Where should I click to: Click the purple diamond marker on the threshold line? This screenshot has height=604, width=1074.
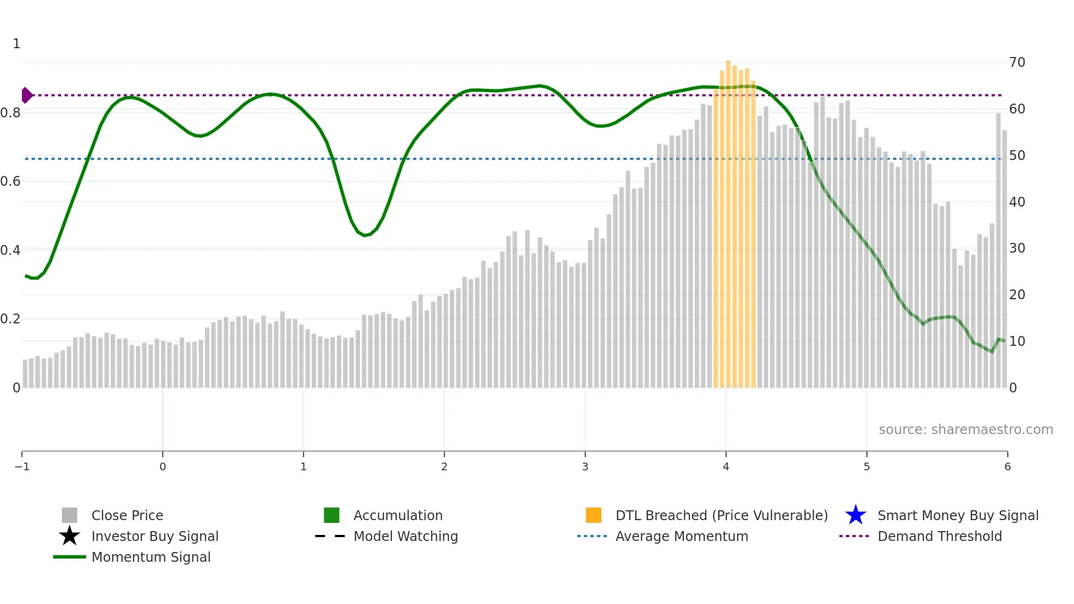26,95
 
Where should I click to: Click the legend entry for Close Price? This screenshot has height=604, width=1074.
127,515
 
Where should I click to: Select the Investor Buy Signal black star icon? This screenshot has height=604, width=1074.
70,536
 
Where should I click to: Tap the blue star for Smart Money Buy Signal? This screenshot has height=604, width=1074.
855,515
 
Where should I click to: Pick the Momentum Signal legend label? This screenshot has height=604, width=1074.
151,557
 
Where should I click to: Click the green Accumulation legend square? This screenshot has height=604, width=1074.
332,515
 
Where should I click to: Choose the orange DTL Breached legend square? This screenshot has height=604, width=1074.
593,515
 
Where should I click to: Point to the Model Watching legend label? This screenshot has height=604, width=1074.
405,536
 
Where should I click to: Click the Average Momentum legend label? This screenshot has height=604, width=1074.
682,536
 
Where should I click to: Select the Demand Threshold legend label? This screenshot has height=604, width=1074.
939,536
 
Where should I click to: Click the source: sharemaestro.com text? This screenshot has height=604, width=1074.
966,429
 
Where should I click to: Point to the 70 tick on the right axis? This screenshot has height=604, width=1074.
1017,62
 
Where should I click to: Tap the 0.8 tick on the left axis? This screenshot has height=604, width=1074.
10,113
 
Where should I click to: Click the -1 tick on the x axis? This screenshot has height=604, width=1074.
22,466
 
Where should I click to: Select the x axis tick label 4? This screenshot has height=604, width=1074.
726,466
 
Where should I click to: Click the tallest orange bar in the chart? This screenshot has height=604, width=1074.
728,219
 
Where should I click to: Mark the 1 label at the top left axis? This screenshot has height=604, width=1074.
16,44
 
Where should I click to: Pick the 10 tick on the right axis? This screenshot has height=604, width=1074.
1017,341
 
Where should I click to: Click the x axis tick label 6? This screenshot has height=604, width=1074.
1007,466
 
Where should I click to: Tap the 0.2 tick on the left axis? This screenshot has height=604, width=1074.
10,319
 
